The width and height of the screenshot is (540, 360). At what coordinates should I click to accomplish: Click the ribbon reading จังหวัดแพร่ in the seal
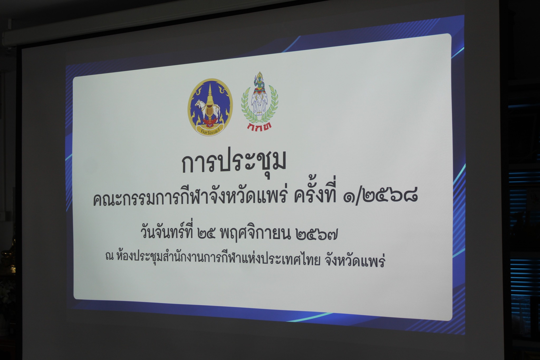click(x=210, y=130)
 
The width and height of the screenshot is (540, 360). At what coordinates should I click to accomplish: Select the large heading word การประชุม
click(x=234, y=164)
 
